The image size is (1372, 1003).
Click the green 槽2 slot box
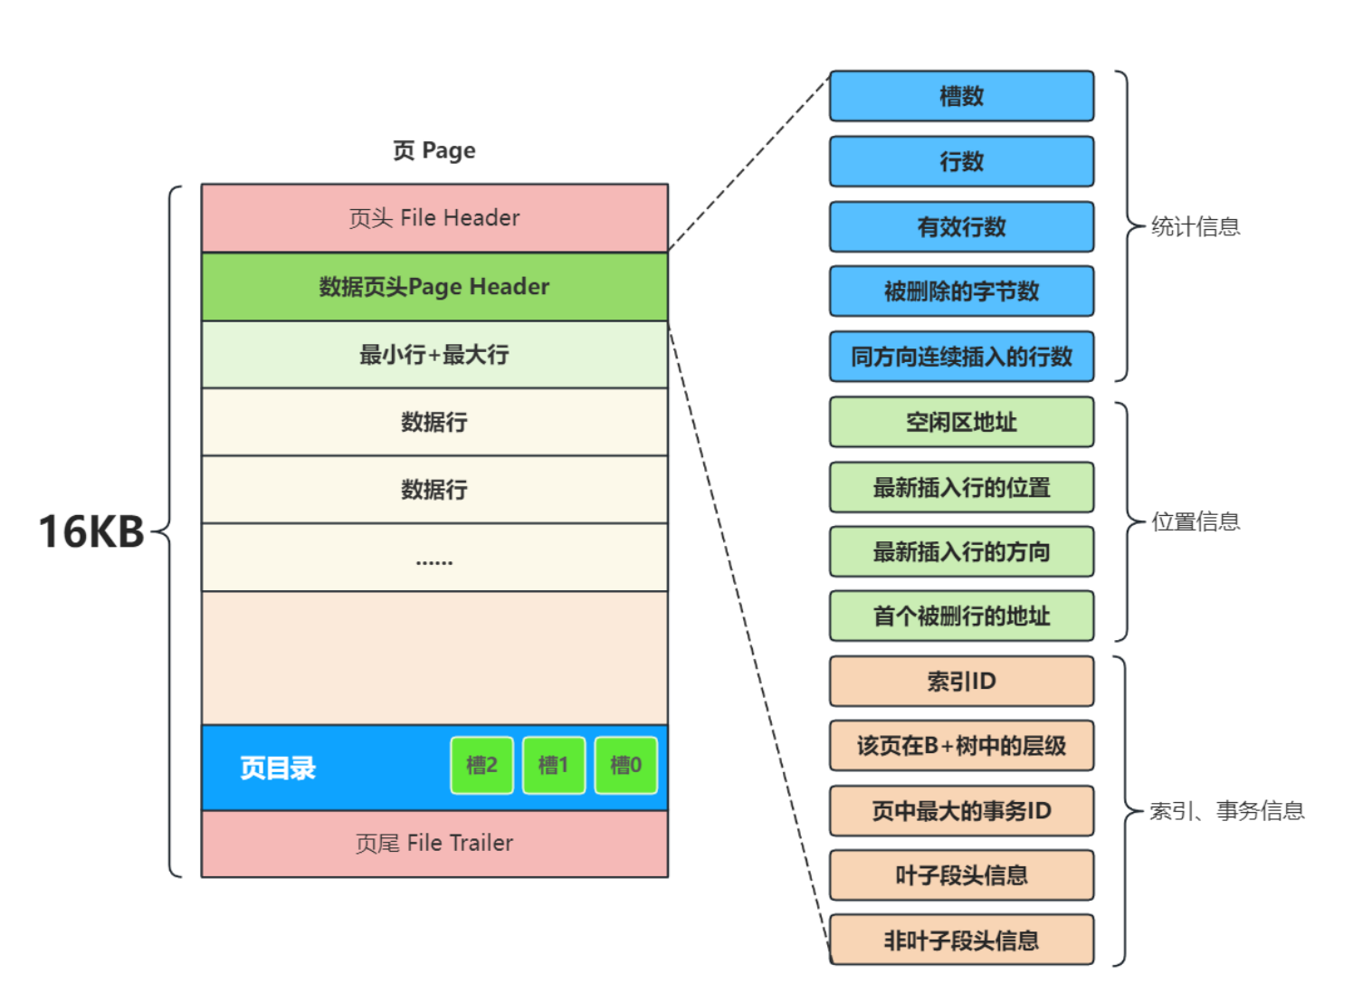(481, 765)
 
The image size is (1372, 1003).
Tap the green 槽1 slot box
(554, 765)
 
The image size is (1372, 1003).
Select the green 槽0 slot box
(625, 765)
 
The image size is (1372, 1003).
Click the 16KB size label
(91, 531)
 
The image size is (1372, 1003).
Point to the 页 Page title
(434, 150)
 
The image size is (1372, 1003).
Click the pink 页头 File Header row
(434, 218)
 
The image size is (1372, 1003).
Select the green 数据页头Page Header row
(434, 287)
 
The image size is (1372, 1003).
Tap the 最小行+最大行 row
(434, 355)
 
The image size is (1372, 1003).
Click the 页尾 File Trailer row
(434, 844)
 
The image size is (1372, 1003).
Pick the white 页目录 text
(278, 769)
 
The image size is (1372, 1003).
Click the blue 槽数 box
(961, 96)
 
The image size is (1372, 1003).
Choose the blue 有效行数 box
(961, 226)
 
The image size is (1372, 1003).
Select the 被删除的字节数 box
(961, 291)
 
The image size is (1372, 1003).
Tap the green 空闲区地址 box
(961, 422)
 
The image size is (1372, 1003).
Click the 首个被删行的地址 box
(961, 616)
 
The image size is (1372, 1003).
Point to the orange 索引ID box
(961, 682)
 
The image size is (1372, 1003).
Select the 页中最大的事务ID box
(961, 811)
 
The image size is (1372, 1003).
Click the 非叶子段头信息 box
(961, 941)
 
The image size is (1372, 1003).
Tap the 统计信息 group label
(1196, 226)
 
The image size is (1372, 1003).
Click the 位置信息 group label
(1196, 521)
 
